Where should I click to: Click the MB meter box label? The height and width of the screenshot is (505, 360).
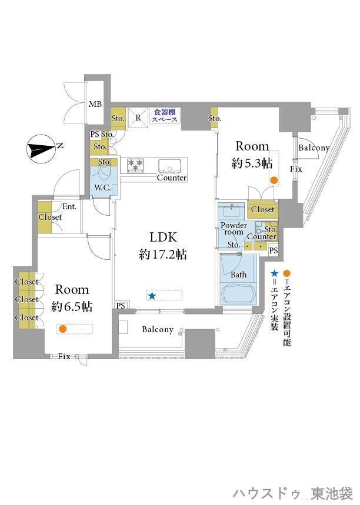pyautogui.click(x=95, y=104)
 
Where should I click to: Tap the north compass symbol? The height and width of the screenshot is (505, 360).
pyautogui.click(x=42, y=149)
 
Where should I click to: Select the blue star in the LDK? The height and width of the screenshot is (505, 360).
pyautogui.click(x=152, y=295)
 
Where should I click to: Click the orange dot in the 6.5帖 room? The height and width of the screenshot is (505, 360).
pyautogui.click(x=62, y=329)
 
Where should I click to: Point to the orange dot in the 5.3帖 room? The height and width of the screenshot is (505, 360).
pyautogui.click(x=274, y=180)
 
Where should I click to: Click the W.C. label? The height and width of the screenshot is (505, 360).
pyautogui.click(x=102, y=187)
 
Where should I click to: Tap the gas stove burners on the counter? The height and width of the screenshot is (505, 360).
pyautogui.click(x=136, y=165)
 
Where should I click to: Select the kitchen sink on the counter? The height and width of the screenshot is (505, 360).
pyautogui.click(x=170, y=166)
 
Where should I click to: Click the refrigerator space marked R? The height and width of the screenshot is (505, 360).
pyautogui.click(x=138, y=118)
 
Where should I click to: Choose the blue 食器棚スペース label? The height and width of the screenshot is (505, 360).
pyautogui.click(x=165, y=116)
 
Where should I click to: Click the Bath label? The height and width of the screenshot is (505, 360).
pyautogui.click(x=238, y=275)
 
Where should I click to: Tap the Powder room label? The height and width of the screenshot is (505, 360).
pyautogui.click(x=234, y=228)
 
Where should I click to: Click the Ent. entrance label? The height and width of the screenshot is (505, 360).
pyautogui.click(x=69, y=206)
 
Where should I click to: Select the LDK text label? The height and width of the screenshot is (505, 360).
pyautogui.click(x=163, y=238)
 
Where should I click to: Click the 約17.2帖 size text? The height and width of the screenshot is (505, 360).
pyautogui.click(x=163, y=255)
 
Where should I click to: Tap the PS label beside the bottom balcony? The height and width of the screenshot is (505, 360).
pyautogui.click(x=121, y=305)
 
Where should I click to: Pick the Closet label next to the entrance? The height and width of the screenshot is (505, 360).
pyautogui.click(x=50, y=217)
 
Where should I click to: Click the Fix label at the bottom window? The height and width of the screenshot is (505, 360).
pyautogui.click(x=64, y=356)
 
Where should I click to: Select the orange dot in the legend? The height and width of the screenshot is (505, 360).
pyautogui.click(x=286, y=274)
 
